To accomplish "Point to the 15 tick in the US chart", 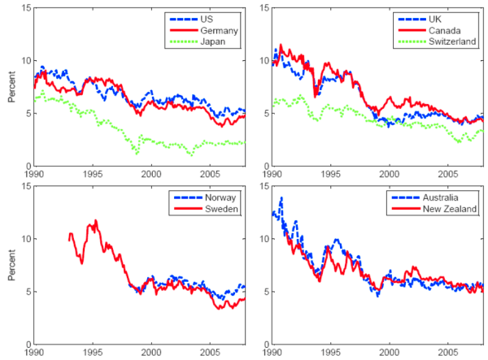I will coord(25,8).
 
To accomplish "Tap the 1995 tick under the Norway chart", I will coord(93,353).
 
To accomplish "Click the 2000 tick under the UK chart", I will coord(390,175).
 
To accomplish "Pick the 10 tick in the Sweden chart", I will coord(25,239).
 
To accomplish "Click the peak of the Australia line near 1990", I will coord(281,197).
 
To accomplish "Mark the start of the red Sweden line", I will coord(69,241).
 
